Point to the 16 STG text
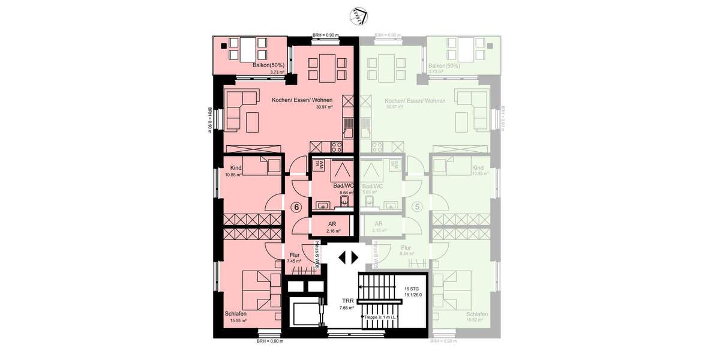[412, 288]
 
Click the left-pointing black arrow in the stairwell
[342, 257]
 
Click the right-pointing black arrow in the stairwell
[355, 257]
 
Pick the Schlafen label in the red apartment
[238, 314]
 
